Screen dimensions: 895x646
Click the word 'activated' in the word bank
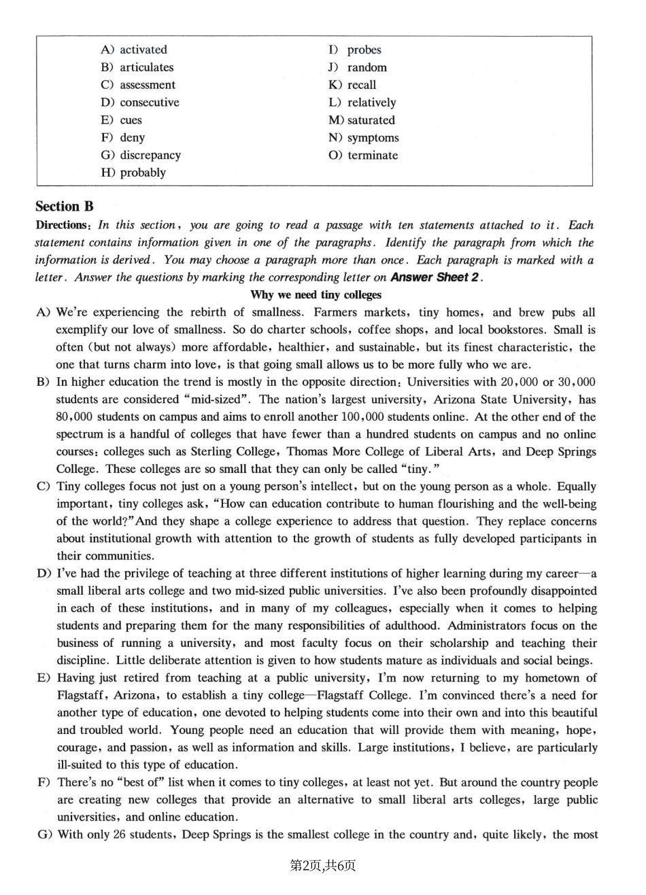click(143, 50)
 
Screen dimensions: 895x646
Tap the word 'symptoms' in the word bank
click(373, 137)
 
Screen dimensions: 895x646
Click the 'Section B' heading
click(65, 207)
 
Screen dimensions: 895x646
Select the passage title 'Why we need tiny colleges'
click(316, 295)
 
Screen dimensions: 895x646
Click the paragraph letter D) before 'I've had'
click(44, 574)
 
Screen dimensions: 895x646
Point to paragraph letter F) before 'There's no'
click(44, 782)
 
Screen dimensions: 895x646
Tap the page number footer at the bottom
click(323, 865)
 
